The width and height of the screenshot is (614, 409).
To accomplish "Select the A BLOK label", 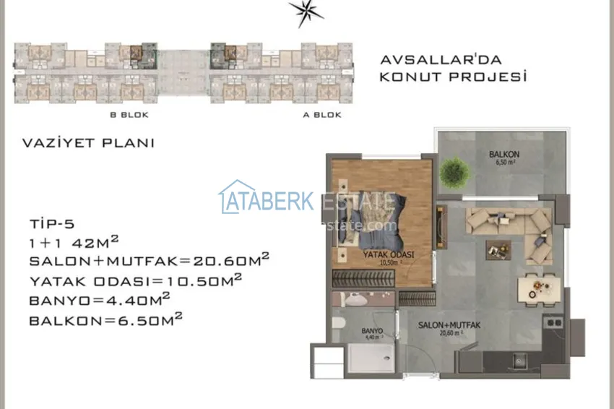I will point(322,115).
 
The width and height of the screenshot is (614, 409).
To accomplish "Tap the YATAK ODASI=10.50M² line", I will point(135,280).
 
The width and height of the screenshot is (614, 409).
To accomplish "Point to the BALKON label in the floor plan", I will point(503,155).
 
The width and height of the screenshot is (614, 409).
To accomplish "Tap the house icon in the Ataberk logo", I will point(236,197).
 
